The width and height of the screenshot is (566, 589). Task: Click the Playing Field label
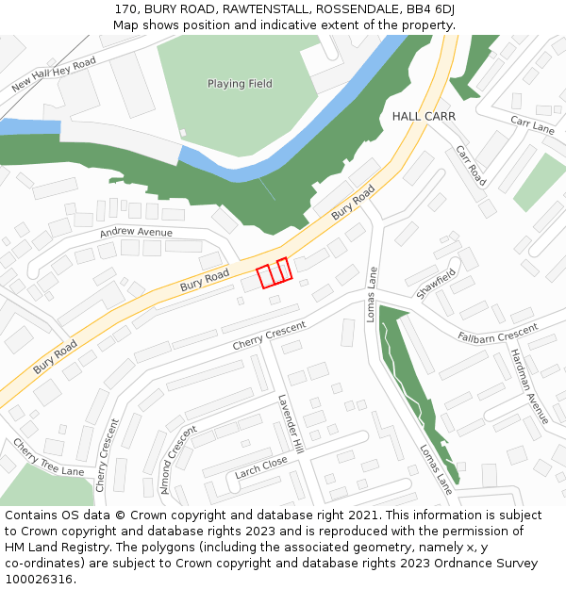240,84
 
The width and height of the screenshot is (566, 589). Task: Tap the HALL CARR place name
424,116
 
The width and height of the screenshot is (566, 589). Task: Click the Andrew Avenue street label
136,232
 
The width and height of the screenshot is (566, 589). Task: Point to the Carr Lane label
532,124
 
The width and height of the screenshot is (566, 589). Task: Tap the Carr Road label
470,166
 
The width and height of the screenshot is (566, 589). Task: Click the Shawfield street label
436,284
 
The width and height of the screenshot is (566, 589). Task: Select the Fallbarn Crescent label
497,334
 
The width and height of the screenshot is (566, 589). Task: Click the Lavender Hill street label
289,421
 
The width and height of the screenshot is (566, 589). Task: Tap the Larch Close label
261,467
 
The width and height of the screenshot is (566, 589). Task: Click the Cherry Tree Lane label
48,458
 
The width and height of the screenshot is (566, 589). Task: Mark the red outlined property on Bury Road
275,272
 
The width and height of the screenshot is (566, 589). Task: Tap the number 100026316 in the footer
38,580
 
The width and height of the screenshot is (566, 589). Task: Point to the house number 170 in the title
125,9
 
